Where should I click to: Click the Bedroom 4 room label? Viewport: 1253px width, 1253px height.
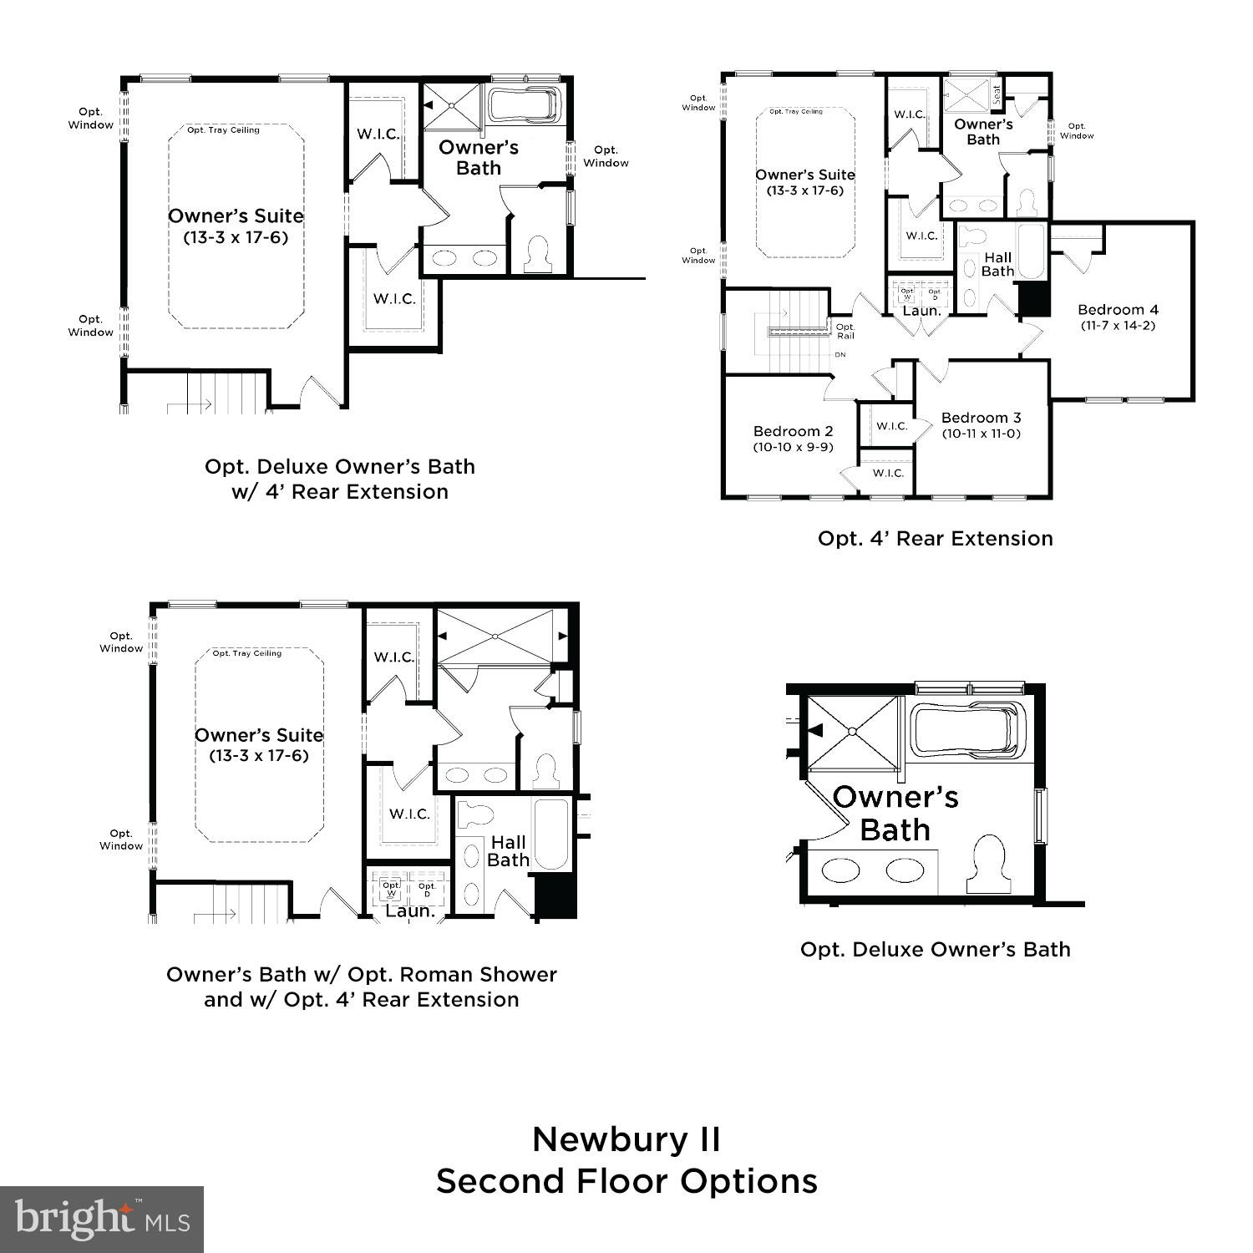coord(1118,309)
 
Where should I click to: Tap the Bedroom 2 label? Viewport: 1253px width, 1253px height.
coord(793,431)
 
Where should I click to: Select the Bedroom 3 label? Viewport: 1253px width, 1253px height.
coord(981,418)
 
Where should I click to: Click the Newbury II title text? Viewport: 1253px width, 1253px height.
coord(626,1139)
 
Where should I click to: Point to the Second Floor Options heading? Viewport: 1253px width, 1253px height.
coord(626,1181)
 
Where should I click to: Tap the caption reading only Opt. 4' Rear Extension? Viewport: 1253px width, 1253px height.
coord(935,539)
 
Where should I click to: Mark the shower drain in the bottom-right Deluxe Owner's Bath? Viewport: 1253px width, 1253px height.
coord(852,732)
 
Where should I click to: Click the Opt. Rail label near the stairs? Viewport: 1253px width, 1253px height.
coord(845,331)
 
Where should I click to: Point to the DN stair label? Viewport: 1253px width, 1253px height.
coord(840,355)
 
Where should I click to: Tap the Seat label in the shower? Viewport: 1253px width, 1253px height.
coord(997,95)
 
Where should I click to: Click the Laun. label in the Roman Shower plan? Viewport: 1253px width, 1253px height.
coord(409,911)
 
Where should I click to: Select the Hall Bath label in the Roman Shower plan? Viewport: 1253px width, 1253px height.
coord(508,851)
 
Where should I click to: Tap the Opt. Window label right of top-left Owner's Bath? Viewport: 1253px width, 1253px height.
coord(606,157)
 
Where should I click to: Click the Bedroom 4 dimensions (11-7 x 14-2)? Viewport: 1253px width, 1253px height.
coord(1118,326)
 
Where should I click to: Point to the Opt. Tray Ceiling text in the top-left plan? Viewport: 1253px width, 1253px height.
coord(223,130)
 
